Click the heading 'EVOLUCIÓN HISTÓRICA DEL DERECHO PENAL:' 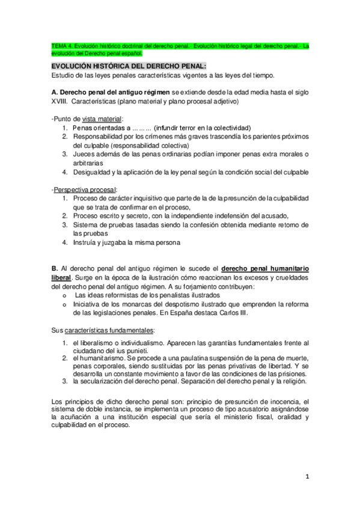click(x=129, y=65)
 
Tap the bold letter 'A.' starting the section click(x=55, y=92)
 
